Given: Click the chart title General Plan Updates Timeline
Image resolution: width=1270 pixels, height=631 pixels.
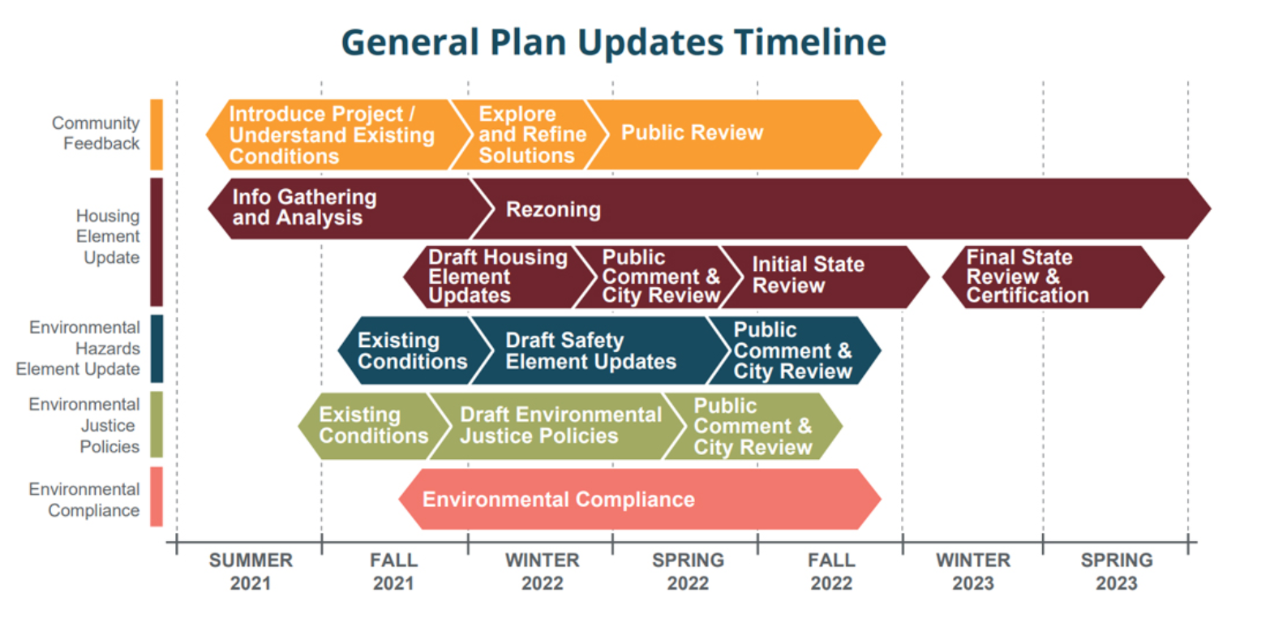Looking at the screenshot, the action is (x=613, y=42).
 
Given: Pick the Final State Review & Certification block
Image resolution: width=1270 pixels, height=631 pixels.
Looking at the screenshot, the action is (x=1053, y=277).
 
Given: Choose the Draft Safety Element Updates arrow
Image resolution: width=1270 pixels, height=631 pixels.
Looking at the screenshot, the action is (x=599, y=350).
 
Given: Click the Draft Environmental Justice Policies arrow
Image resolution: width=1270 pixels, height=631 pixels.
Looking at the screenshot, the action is (x=559, y=426).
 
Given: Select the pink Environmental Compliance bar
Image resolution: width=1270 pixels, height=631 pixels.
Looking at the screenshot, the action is (x=640, y=499).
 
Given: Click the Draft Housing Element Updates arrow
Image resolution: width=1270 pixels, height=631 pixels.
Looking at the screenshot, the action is (x=499, y=277).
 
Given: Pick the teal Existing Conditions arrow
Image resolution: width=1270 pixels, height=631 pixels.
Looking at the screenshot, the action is (x=414, y=350).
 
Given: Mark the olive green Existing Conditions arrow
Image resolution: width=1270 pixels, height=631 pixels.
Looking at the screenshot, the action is (x=373, y=426).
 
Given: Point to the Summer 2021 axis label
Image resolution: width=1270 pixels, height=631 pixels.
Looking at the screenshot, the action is (x=251, y=572).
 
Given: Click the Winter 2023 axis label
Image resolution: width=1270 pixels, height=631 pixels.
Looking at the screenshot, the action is (x=973, y=572).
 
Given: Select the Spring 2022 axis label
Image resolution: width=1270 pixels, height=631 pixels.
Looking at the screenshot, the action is (x=688, y=572).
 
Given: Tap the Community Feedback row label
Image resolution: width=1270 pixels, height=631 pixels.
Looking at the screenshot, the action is (x=96, y=133).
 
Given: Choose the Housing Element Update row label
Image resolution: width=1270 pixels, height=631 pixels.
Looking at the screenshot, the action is (x=108, y=236).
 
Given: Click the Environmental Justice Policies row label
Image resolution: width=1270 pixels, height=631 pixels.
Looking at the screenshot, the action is (x=84, y=425).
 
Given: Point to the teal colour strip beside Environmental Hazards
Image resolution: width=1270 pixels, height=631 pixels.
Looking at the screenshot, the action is (x=157, y=349).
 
